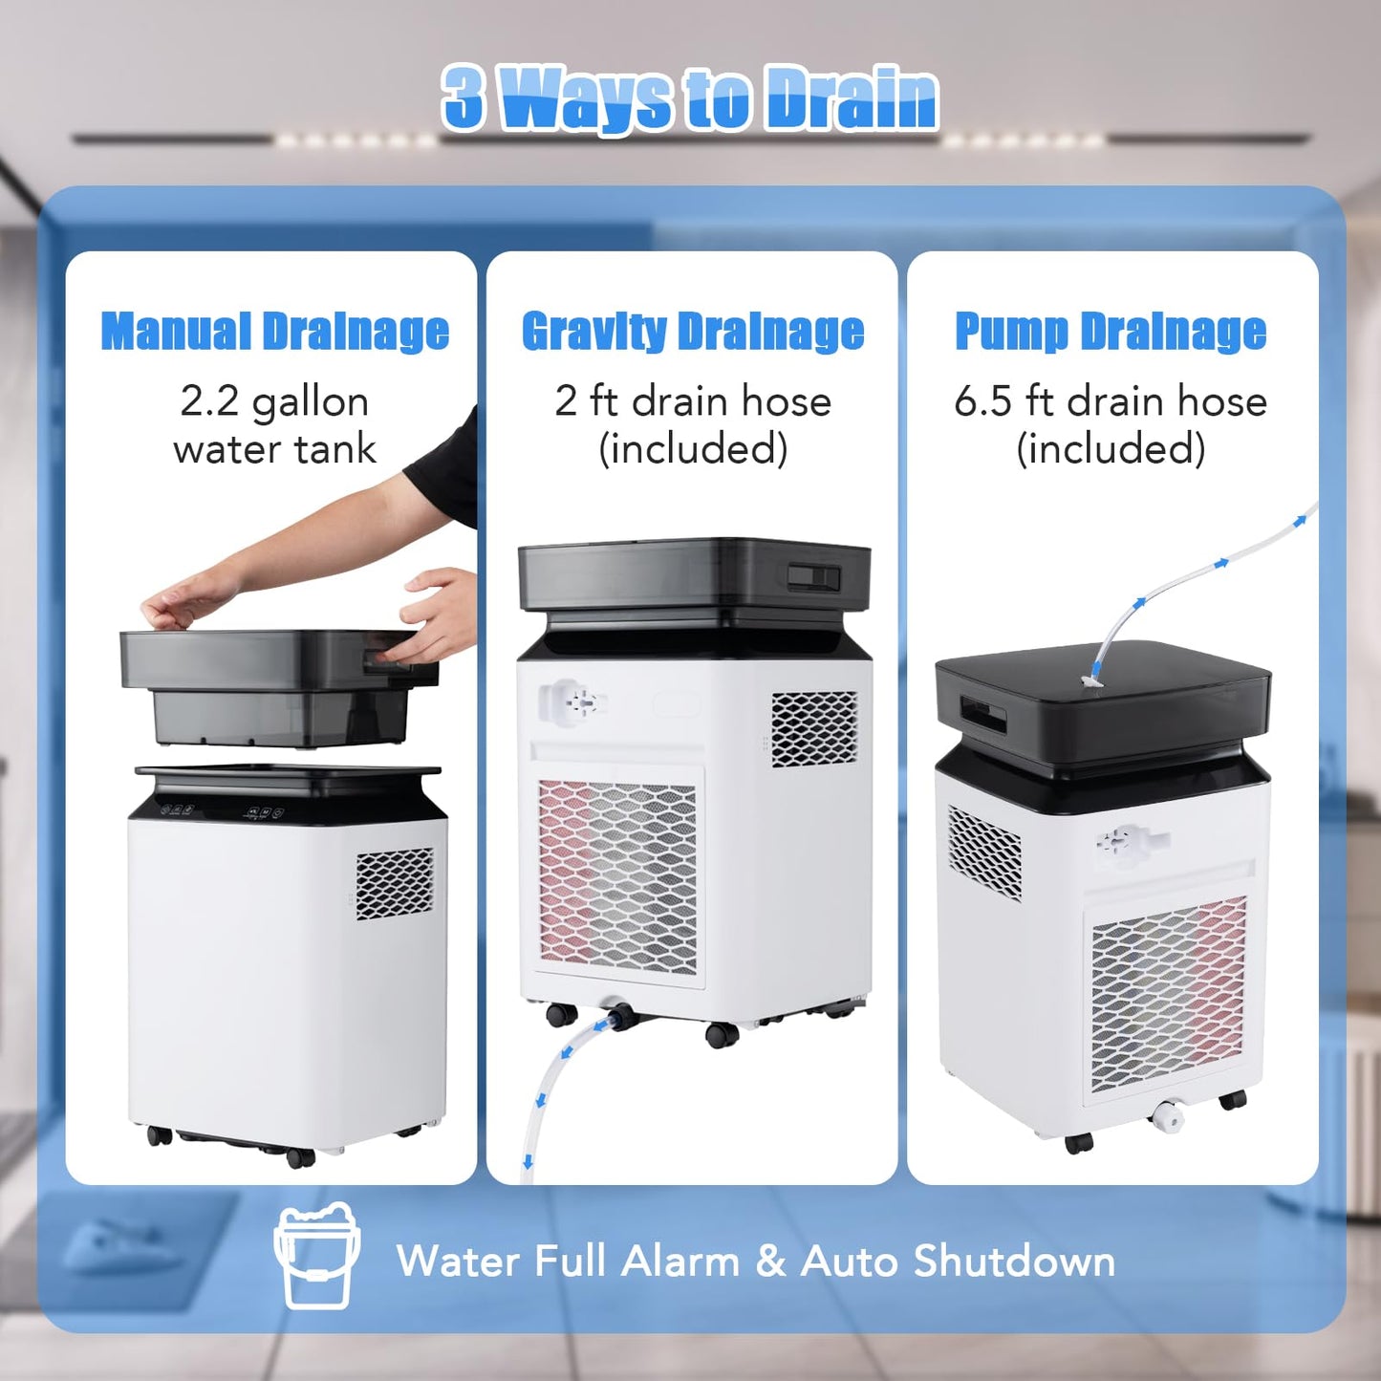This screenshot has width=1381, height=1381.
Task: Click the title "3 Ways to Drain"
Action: click(x=690, y=99)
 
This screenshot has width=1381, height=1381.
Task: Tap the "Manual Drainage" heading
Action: click(x=275, y=332)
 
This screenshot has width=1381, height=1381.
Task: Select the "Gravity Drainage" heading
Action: click(x=693, y=332)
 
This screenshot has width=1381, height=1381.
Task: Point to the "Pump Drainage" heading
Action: click(x=1111, y=332)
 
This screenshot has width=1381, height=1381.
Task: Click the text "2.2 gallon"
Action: click(x=274, y=401)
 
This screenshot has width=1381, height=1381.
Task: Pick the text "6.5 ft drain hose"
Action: click(x=1111, y=401)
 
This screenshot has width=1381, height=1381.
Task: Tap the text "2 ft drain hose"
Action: click(x=693, y=401)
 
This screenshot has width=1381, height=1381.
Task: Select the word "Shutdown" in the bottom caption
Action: click(x=1014, y=1261)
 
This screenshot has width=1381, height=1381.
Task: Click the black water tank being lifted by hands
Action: click(x=277, y=688)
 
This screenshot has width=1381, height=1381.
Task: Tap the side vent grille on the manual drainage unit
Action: click(x=395, y=883)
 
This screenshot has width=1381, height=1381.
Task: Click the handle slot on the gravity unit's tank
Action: click(x=813, y=577)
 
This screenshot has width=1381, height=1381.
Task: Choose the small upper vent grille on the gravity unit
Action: click(x=814, y=729)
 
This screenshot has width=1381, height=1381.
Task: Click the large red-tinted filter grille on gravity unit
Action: click(x=617, y=875)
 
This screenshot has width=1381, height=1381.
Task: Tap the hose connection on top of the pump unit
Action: click(x=1091, y=680)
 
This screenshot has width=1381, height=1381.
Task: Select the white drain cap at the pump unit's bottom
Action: click(x=1168, y=1115)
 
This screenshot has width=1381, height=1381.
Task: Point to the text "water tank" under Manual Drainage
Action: click(x=274, y=449)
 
